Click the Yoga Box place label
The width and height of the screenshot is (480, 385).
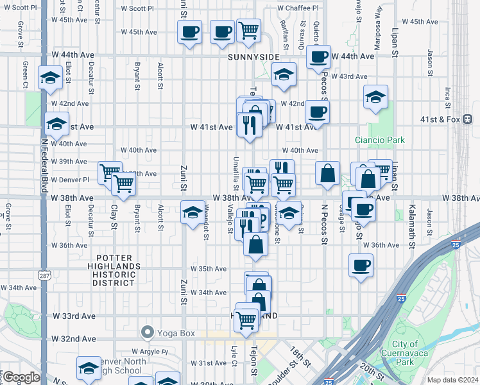click(168, 332)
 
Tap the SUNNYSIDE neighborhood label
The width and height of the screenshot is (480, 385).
click(253, 57)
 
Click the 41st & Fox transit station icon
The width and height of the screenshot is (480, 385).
click(468, 119)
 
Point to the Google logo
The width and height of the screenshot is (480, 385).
click(21, 377)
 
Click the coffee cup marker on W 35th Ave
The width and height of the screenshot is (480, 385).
click(361, 266)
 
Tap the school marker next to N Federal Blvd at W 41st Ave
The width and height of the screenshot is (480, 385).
click(56, 123)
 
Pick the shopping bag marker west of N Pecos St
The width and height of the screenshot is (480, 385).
click(327, 173)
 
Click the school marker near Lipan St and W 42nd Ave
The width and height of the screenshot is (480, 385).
click(376, 98)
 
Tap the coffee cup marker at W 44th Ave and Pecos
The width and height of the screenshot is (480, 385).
click(317, 57)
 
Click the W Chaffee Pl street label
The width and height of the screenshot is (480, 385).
click(298, 8)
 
